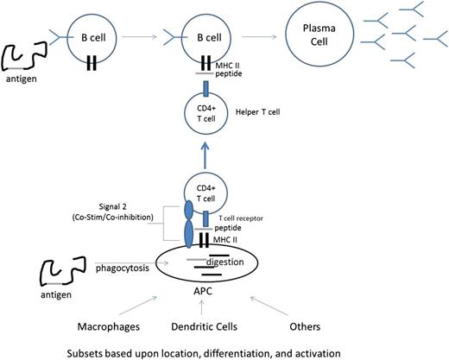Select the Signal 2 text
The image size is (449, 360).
click(x=116, y=210)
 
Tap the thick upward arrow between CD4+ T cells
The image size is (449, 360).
click(x=204, y=156)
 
